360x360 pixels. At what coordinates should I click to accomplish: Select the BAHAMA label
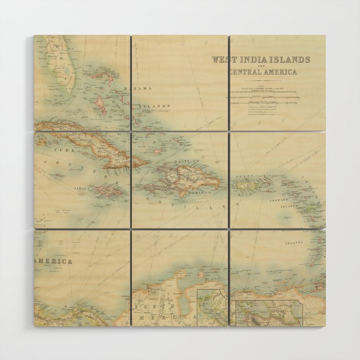click(x=138, y=88)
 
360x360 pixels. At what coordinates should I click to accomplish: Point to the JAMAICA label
click(x=81, y=188)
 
